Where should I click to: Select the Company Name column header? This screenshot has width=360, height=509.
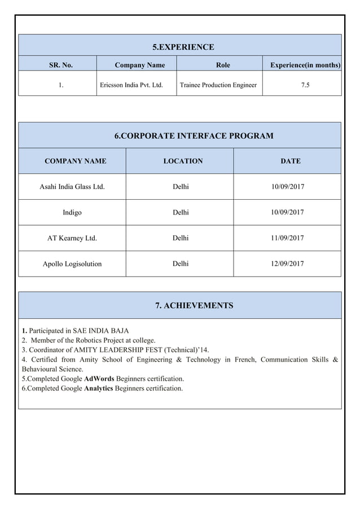coord(140,65)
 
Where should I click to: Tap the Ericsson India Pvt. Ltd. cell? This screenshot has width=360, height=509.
coord(136,85)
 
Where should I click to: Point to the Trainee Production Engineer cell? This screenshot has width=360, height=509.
coord(218,85)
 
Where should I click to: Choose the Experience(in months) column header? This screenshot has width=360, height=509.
coord(305,65)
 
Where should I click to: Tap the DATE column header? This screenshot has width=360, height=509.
coord(290,161)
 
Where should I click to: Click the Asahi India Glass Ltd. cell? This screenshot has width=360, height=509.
coord(72,186)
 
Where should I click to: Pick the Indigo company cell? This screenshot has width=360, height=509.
coord(72,212)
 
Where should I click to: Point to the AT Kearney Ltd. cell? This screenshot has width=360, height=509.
coord(72,238)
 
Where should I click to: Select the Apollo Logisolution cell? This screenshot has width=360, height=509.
coord(72,264)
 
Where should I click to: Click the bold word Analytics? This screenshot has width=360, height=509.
coord(98,388)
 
